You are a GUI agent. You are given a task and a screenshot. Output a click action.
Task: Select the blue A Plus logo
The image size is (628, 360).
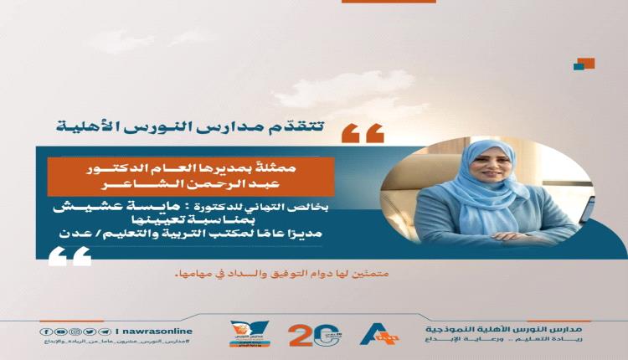pos(378,333)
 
